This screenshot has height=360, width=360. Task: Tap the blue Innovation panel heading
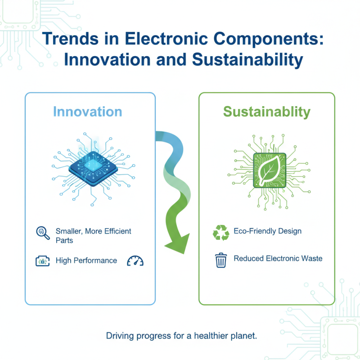[87, 112]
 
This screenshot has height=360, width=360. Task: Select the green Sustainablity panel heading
[266, 112]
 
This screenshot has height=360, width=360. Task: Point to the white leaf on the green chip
[270, 170]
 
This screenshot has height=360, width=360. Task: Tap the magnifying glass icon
[42, 233]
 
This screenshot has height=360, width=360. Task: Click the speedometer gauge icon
[135, 261]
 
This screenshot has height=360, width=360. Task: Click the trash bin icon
[221, 260]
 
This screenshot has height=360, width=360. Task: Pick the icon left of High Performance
[42, 261]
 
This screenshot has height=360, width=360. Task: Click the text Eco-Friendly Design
[267, 231]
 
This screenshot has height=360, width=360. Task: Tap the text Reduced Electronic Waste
[278, 259]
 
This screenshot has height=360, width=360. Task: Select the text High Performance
[86, 261]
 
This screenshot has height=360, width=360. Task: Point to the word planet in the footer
[243, 336]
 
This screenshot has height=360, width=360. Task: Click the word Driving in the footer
[118, 336]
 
